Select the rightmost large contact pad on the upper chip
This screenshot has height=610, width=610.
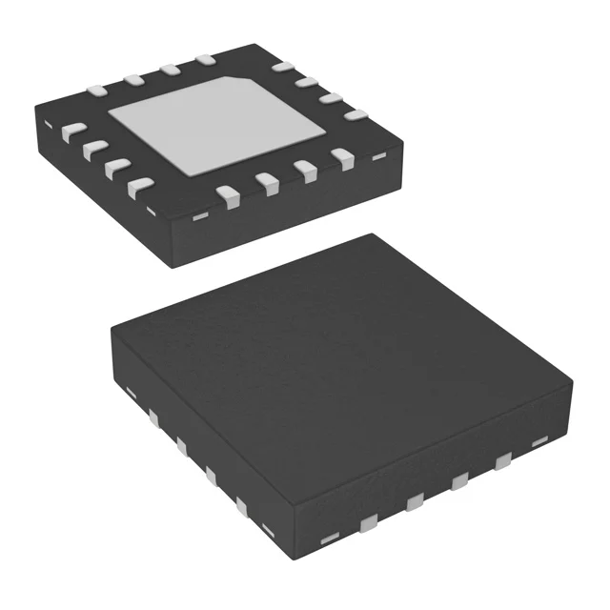[355, 115]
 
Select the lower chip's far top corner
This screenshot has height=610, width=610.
[373, 236]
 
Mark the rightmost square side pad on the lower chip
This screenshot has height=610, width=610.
[499, 463]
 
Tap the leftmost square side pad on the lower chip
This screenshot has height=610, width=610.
[152, 417]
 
